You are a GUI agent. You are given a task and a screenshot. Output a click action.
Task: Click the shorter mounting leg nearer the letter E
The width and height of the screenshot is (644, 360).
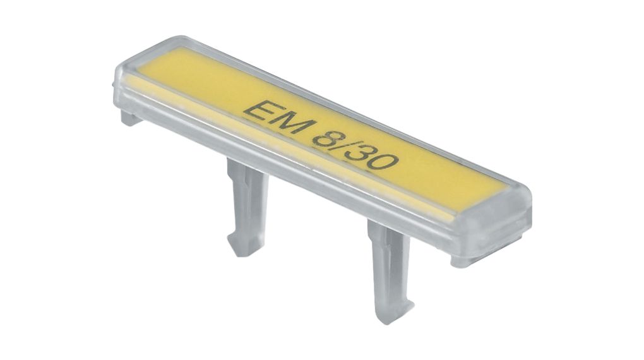246,208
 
